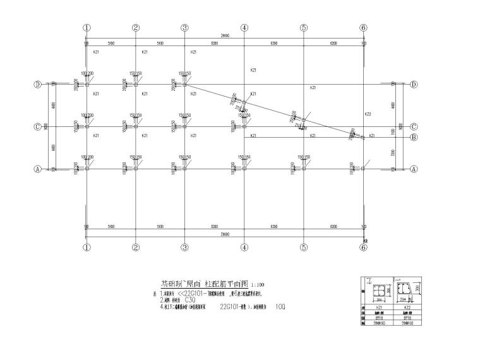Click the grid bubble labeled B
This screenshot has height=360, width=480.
coord(414,137)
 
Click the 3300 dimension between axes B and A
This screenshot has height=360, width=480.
coord(393,153)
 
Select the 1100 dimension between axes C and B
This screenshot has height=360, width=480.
coord(393,131)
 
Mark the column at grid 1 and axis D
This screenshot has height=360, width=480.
coord(87,84)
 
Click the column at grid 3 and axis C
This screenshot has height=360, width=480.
coord(184,126)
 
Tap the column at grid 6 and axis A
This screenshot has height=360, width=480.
coord(363,169)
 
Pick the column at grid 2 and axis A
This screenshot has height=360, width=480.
coord(135,169)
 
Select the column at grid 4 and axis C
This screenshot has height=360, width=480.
coord(244,126)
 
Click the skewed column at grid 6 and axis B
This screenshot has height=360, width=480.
coord(362,137)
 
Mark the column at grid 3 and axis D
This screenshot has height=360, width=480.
coord(184,84)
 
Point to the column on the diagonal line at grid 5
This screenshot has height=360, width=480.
coord(303,119)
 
